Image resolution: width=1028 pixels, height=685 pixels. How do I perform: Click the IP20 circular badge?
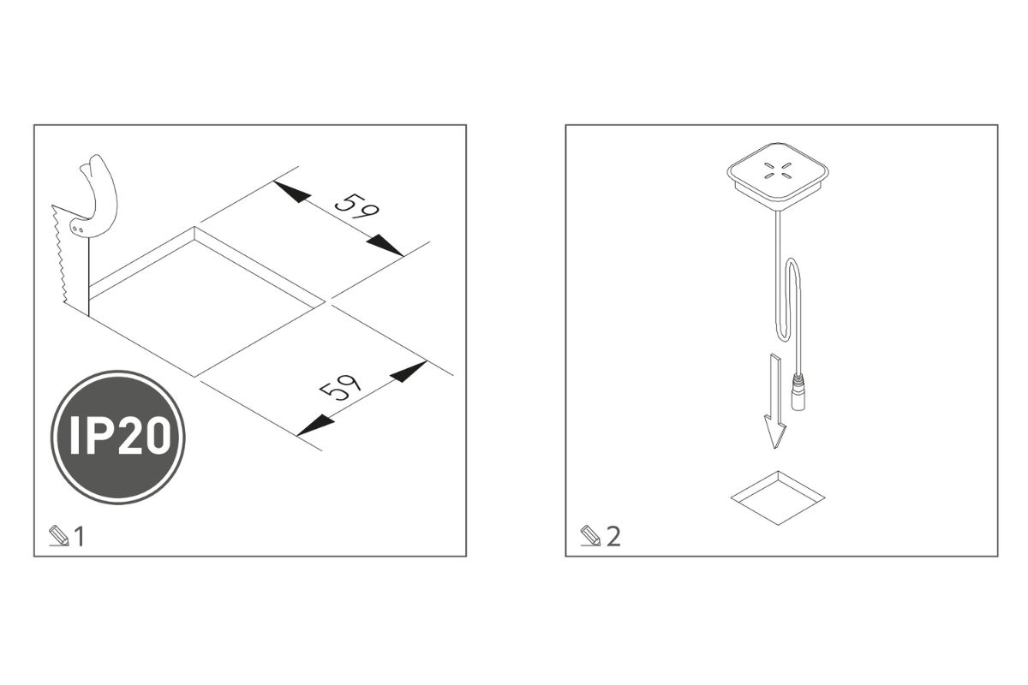click(118, 438)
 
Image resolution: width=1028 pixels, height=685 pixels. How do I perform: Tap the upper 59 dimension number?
click(357, 206)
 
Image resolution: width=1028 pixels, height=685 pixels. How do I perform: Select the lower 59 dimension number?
click(340, 387)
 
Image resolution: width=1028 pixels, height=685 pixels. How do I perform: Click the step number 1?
click(80, 536)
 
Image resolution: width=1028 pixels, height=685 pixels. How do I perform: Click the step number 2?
click(613, 536)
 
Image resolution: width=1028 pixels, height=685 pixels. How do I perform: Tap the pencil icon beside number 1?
click(59, 536)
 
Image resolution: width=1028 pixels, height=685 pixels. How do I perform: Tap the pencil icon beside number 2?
click(590, 536)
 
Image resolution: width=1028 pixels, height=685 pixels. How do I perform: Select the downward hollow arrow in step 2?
click(775, 402)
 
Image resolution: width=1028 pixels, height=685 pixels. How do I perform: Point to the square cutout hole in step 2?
click(778, 497)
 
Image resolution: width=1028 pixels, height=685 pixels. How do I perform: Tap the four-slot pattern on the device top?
click(778, 170)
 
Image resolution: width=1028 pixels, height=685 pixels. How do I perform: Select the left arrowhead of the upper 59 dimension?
click(292, 192)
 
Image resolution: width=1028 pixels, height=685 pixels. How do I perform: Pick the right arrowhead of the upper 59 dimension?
click(385, 246)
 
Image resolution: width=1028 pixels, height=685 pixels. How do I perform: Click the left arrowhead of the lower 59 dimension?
click(315, 426)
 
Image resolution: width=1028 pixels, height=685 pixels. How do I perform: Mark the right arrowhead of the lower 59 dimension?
click(409, 372)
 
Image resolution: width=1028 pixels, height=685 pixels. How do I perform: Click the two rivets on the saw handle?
click(77, 229)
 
